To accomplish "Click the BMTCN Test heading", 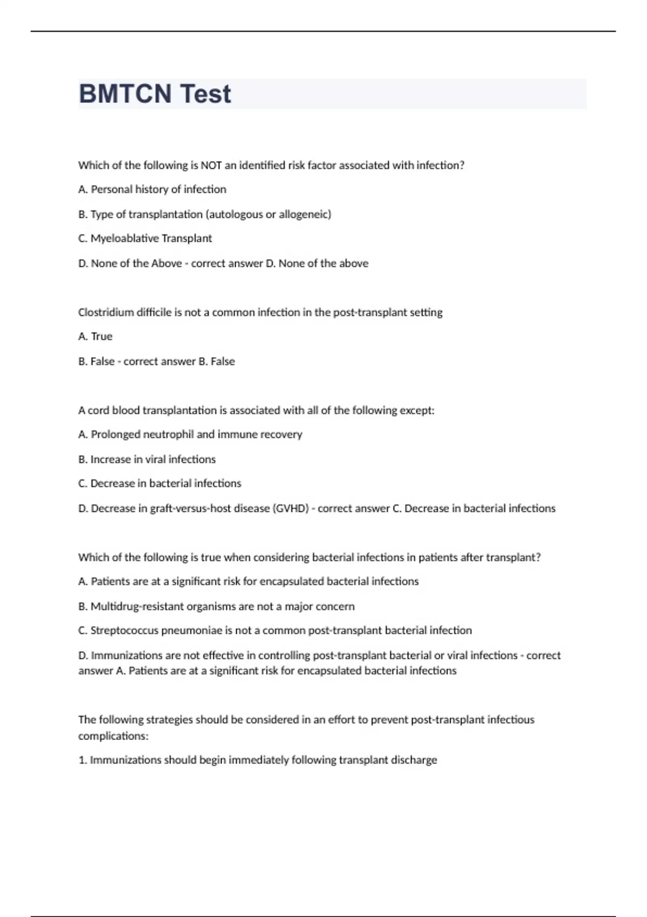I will coord(155,94).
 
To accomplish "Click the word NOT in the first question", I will coord(211,165).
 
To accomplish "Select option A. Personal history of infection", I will coord(152,189).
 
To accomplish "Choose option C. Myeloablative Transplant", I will coord(145,238).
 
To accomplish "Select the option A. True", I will coord(95,337).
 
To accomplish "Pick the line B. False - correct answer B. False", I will coord(156,361).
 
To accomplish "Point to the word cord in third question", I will coord(98,410).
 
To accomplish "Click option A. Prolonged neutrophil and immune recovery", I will coord(190,435).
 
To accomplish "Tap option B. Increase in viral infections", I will coord(147,460).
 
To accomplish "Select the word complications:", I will coord(113,736).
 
